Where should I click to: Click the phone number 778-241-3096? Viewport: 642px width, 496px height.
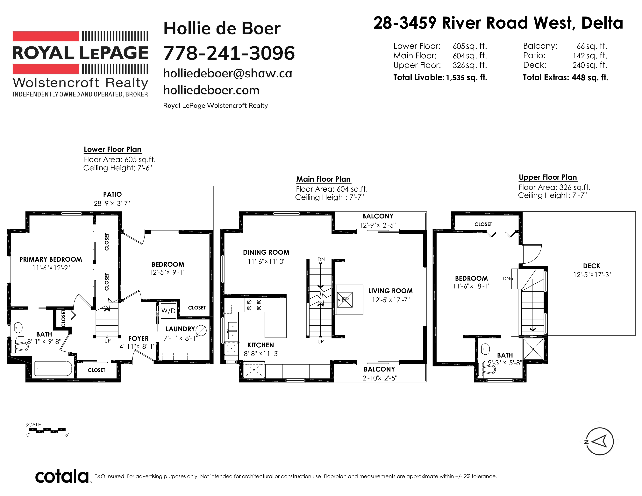[229, 53]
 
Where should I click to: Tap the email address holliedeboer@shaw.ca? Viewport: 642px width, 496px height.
[228, 74]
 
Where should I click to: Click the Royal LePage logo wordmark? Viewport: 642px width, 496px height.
[80, 53]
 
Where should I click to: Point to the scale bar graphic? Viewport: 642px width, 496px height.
[47, 431]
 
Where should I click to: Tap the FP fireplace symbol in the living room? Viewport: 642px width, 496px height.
[345, 300]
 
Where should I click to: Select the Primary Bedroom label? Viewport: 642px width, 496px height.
[51, 259]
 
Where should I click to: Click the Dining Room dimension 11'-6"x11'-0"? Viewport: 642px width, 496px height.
[266, 261]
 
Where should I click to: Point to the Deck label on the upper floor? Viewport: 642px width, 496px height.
[591, 266]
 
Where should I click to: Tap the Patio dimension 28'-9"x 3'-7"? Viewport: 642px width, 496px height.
[112, 203]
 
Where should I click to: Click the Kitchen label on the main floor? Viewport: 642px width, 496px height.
[260, 345]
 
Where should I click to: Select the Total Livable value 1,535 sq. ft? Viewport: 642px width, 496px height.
[467, 78]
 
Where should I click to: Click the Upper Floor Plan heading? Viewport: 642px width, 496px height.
[548, 177]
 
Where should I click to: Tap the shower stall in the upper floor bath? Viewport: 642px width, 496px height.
[533, 349]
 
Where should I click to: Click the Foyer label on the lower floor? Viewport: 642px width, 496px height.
[139, 338]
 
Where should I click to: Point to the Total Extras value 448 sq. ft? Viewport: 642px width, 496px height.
[590, 78]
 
